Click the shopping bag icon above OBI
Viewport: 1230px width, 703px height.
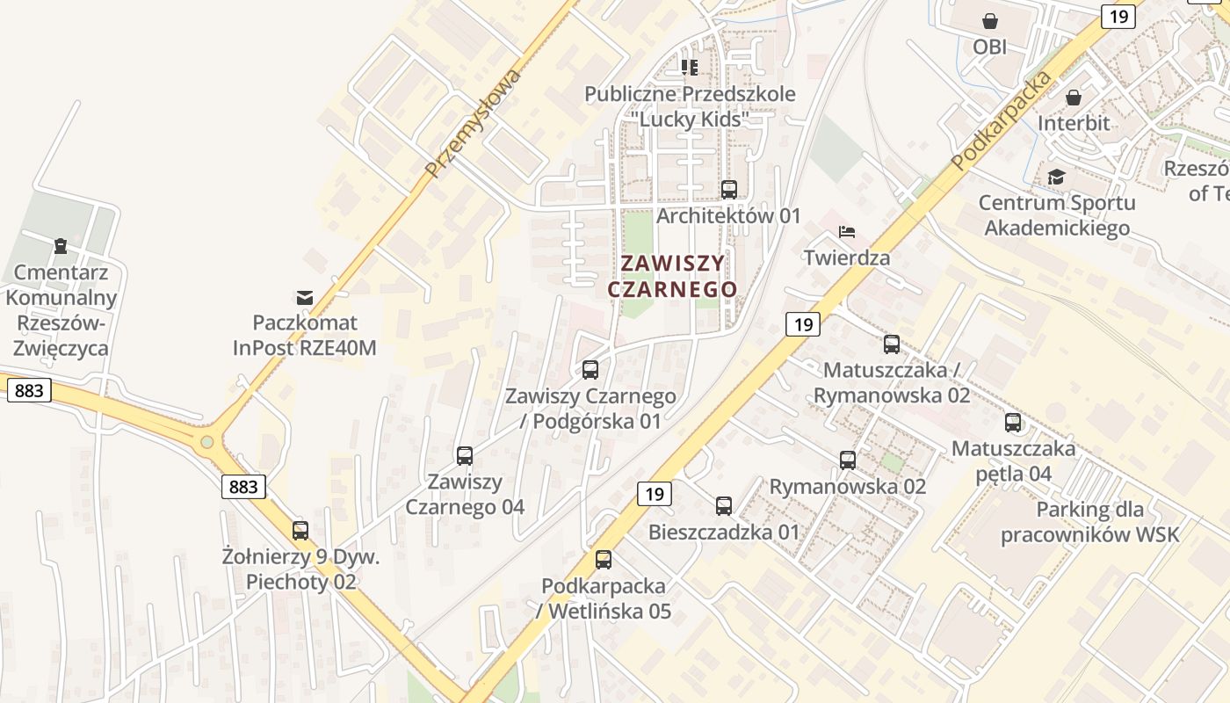(990, 21)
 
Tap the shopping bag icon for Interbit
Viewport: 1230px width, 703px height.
(1073, 98)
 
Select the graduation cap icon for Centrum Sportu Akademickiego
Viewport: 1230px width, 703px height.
(1056, 177)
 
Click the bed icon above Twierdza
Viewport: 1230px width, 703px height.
(847, 232)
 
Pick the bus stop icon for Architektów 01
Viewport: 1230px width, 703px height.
(728, 189)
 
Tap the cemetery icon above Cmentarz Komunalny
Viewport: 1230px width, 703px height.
(61, 245)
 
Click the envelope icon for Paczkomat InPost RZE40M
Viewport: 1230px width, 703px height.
(305, 297)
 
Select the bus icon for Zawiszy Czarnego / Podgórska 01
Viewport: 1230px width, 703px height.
(590, 370)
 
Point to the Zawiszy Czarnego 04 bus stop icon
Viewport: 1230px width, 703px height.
(465, 456)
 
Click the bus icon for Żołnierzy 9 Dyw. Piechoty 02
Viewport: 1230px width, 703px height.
(300, 531)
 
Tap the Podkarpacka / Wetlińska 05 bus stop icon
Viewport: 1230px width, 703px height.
(604, 560)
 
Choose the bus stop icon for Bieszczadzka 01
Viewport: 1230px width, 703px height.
(724, 506)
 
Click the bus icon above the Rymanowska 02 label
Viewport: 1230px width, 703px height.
(848, 460)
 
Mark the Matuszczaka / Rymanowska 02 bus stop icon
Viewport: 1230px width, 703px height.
(892, 344)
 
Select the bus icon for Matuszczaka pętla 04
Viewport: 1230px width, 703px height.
(1013, 423)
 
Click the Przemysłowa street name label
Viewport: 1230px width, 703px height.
(472, 122)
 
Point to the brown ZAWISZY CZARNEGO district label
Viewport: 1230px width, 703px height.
(673, 276)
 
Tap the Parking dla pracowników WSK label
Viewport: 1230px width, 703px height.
(1089, 522)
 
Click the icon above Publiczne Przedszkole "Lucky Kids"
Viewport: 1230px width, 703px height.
(690, 67)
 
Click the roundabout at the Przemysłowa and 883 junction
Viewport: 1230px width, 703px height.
(207, 443)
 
